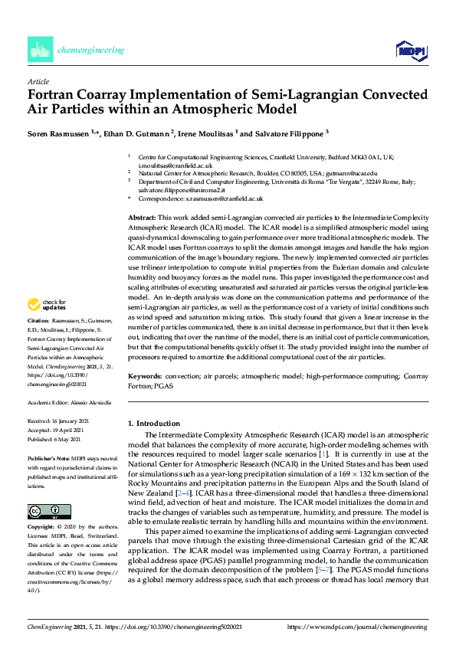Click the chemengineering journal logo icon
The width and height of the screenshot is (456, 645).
pyautogui.click(x=39, y=50)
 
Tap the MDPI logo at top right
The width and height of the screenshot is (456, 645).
pyautogui.click(x=411, y=51)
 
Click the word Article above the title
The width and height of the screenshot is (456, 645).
pyautogui.click(x=38, y=81)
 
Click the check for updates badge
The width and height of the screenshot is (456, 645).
pyautogui.click(x=50, y=304)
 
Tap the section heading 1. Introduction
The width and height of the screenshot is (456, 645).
pyautogui.click(x=154, y=423)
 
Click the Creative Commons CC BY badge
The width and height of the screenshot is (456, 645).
pyautogui.click(x=48, y=490)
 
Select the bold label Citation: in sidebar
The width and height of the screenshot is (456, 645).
pyautogui.click(x=38, y=319)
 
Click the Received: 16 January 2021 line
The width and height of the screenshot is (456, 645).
pyautogui.click(x=59, y=421)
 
